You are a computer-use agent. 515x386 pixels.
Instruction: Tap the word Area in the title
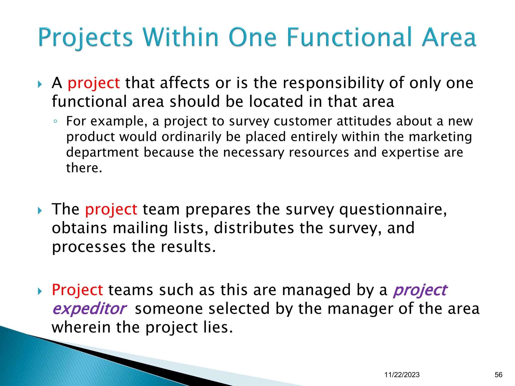pos(449,38)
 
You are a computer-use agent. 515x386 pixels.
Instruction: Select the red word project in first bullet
pos(94,83)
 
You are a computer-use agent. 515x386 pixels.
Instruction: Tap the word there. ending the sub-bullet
pos(84,168)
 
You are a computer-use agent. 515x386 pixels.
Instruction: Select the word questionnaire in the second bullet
pos(393,209)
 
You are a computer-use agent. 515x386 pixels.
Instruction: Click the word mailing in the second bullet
pos(140,228)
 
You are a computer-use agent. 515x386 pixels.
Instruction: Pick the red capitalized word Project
pos(77,290)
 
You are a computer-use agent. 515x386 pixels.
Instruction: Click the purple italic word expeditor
pos(90,309)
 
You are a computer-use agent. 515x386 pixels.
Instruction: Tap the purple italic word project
pos(420,290)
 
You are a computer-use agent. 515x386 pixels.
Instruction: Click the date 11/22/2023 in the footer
pos(402,375)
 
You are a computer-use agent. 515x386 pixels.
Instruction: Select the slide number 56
pos(498,375)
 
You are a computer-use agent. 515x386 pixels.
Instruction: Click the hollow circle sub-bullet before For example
pos(55,122)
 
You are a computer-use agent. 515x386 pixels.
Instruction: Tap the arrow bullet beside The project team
pos(40,211)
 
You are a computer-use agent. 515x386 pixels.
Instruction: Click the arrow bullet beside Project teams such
pos(40,292)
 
